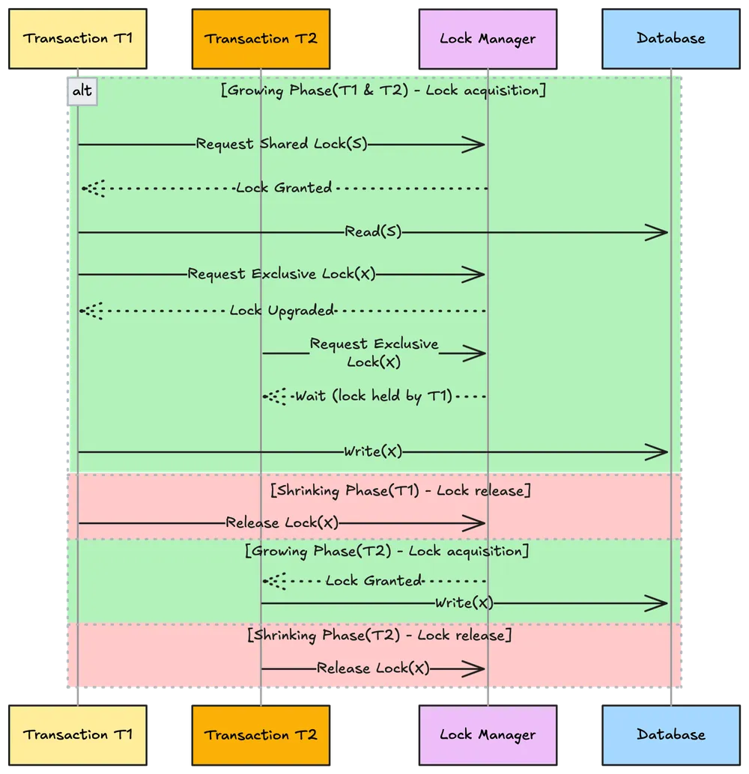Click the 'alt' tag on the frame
tap(82, 91)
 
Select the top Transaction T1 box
tap(77, 38)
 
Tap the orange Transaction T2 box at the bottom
tap(261, 734)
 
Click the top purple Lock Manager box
tap(488, 38)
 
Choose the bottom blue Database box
tap(670, 734)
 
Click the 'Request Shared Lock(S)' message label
tap(282, 144)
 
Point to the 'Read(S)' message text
tap(373, 232)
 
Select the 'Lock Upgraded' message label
tap(282, 311)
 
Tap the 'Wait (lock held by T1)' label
tap(374, 396)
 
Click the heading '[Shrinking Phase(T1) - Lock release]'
tap(400, 491)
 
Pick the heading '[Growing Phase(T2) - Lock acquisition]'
tap(386, 551)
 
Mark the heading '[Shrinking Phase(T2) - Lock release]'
tap(379, 635)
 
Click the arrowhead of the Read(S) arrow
tap(659, 233)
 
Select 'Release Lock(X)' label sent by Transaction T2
tap(373, 668)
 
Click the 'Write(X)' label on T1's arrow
tap(373, 451)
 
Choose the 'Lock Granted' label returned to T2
tap(374, 581)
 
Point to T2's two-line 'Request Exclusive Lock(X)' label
tap(374, 353)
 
